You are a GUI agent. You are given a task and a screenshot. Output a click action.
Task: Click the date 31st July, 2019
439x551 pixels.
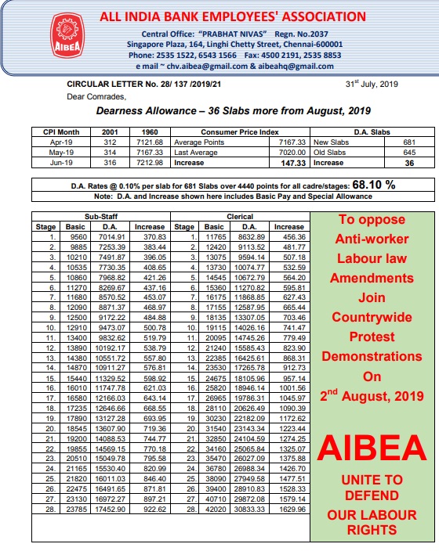(373, 83)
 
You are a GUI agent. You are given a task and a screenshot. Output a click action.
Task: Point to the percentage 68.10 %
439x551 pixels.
(374, 185)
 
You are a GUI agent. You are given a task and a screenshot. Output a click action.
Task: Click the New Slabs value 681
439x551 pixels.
(408, 142)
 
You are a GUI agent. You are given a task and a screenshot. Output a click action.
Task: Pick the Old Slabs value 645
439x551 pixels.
(408, 152)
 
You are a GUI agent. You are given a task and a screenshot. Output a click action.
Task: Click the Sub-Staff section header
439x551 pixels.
(101, 215)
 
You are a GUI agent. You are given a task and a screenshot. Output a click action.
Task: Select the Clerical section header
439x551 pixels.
(240, 215)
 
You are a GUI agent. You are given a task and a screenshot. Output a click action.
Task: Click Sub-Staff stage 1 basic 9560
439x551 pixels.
(78, 236)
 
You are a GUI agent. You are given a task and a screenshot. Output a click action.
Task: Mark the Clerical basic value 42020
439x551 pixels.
(215, 510)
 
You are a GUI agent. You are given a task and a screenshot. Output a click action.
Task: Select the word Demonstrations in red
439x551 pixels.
(372, 355)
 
